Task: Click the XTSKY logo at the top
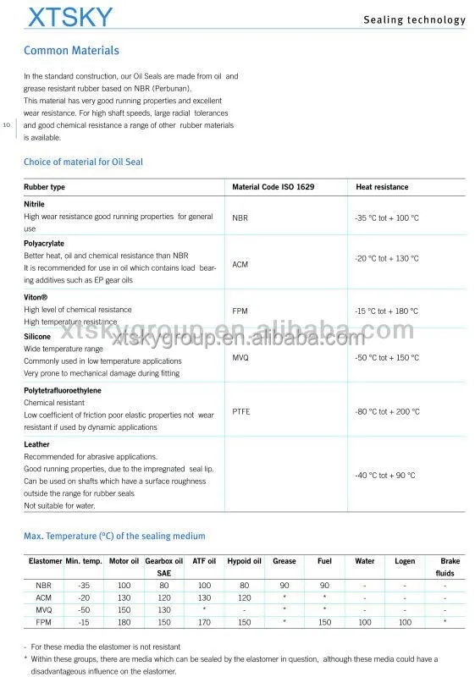pos(69,19)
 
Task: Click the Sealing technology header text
pos(414,19)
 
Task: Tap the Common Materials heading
pos(71,51)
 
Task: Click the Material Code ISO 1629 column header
pos(273,187)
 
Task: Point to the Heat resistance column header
pos(382,187)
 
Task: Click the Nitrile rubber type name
pos(35,204)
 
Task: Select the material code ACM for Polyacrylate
pos(240,264)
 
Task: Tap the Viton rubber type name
pos(36,298)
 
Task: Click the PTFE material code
pos(241,411)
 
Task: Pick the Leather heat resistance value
pos(384,475)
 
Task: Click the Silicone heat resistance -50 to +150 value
pos(386,358)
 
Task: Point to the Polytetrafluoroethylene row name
pos(64,391)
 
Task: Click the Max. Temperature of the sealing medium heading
pos(114,536)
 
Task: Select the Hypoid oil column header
pos(244,561)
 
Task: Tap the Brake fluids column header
pos(446,567)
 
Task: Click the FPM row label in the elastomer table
pos(43,622)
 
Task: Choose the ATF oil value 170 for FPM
pos(204,622)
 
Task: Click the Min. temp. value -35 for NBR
pos(84,585)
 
